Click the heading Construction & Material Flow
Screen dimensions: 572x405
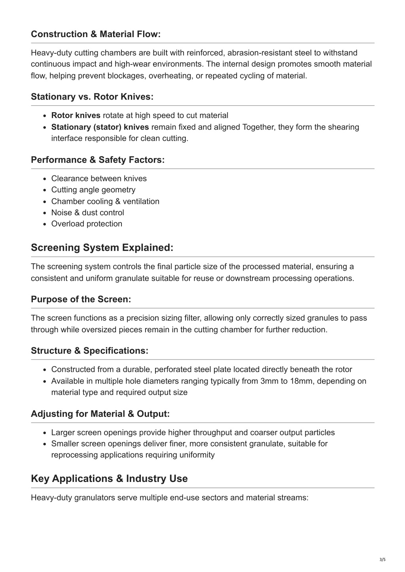coord(96,34)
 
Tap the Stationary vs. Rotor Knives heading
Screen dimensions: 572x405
coord(92,97)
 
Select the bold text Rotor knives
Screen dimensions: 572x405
coord(76,115)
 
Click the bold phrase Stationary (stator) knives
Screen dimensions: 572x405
coord(100,127)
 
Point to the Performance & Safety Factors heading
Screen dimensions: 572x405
coord(98,160)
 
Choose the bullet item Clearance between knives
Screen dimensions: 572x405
coord(99,179)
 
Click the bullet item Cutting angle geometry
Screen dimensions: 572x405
coord(93,190)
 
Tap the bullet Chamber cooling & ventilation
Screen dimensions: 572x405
coord(105,201)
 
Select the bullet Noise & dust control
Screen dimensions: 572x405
coord(87,213)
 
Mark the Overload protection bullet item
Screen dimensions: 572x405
coord(87,224)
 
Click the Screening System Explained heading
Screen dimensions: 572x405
coord(102,248)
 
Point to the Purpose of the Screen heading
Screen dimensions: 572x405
coord(81,299)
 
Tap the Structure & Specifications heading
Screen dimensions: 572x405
coord(90,351)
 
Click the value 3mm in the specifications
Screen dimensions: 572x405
coord(269,381)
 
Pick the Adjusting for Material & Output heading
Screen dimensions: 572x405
coord(100,414)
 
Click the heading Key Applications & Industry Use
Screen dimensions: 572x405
coord(109,478)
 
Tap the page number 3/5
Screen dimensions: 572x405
coord(382,560)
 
